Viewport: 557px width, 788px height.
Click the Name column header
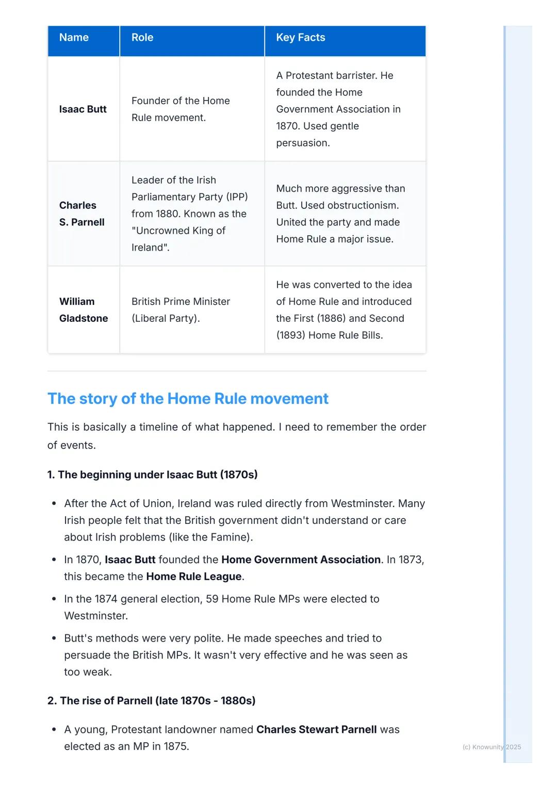click(74, 38)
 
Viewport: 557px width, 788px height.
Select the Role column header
click(142, 38)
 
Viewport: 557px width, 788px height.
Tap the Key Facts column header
click(301, 38)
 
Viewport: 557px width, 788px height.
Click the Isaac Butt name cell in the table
click(83, 109)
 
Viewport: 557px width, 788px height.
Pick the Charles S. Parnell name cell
click(82, 214)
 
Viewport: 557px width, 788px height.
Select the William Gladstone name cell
click(84, 310)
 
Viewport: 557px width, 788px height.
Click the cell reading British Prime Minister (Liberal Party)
click(181, 310)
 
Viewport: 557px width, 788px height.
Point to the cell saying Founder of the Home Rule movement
click(181, 109)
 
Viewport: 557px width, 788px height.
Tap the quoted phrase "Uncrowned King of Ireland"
click(178, 239)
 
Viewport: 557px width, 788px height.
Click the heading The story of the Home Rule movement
click(188, 399)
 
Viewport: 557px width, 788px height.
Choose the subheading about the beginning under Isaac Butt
click(152, 474)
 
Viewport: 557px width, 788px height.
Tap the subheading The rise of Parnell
click(151, 701)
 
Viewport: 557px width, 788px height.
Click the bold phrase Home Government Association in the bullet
click(301, 560)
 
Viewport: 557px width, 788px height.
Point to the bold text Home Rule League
click(193, 577)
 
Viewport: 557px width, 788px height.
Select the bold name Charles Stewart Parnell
click(316, 730)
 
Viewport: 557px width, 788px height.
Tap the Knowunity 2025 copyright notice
click(492, 747)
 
